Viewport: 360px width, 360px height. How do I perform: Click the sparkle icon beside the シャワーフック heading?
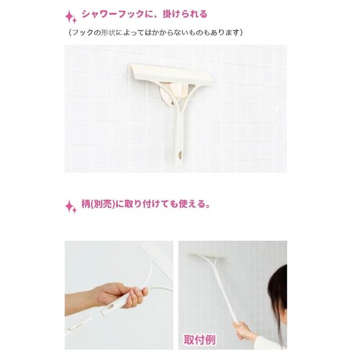71,17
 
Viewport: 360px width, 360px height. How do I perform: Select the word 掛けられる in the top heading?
185,14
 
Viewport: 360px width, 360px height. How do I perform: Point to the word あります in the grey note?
225,33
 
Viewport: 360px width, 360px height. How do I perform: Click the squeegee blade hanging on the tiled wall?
171,73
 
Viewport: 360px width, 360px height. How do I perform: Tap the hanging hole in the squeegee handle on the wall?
180,155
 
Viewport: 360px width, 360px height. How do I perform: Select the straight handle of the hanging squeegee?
178,138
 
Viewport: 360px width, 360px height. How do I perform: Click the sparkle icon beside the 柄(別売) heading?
71,206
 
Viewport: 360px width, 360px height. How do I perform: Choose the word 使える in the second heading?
192,204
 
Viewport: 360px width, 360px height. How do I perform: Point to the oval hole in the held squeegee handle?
110,307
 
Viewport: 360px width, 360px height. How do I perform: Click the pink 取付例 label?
199,340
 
